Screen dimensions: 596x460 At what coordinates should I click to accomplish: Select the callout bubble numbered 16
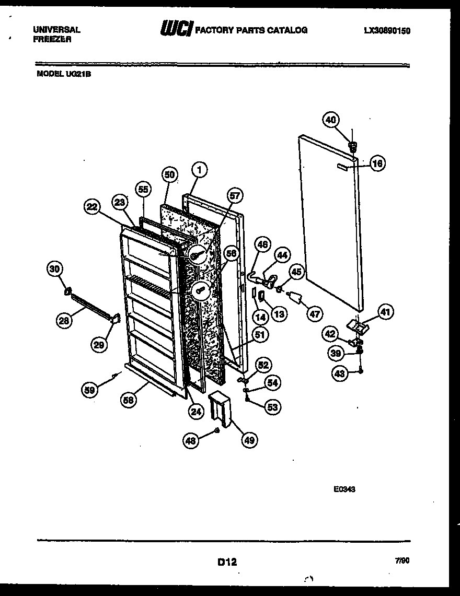(377, 163)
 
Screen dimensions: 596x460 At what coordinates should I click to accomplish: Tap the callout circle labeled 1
(199, 169)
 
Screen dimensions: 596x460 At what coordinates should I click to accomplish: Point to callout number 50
(170, 175)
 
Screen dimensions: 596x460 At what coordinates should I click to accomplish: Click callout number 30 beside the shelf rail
(54, 270)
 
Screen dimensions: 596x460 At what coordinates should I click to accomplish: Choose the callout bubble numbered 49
(249, 440)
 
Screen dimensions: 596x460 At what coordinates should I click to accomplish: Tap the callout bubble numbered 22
(92, 207)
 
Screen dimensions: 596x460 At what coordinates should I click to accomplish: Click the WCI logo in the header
(176, 29)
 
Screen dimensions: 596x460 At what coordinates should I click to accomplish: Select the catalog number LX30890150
(387, 31)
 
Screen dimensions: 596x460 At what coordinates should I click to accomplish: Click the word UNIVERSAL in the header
(57, 30)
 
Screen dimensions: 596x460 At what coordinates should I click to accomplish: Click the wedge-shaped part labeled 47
(296, 298)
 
